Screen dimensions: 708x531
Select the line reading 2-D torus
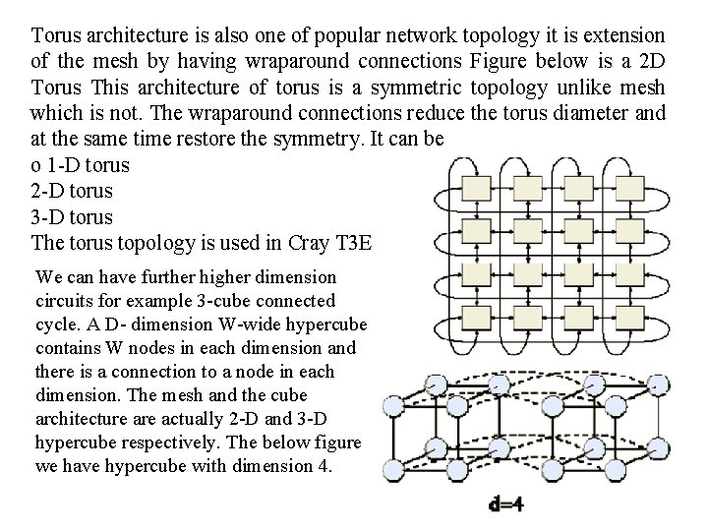point(72,191)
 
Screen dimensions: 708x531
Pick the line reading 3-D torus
point(72,216)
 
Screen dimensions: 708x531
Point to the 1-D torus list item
point(81,164)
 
